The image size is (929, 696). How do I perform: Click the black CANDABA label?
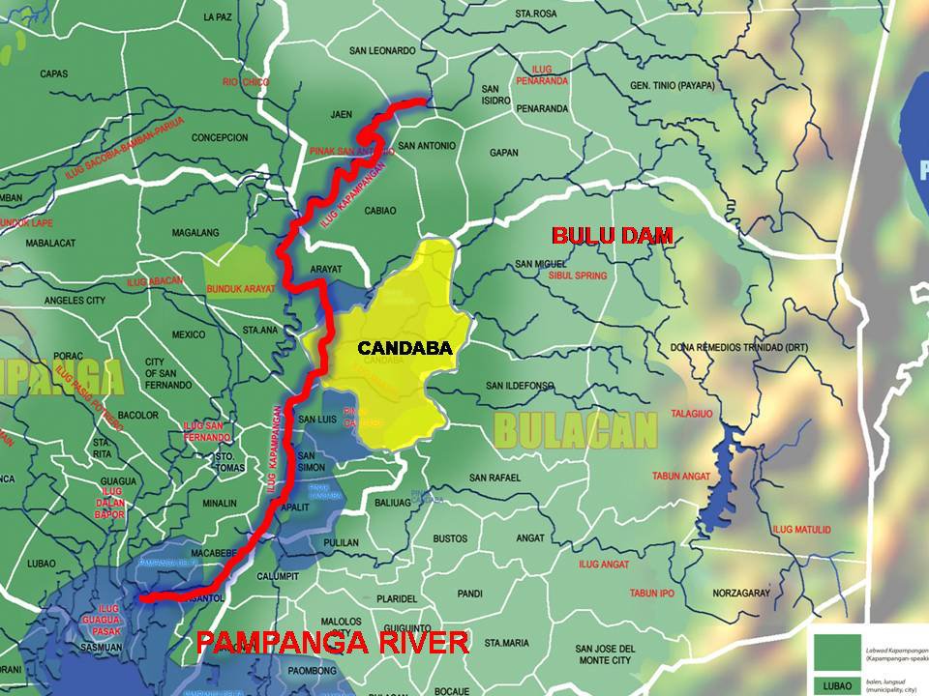pos(405,348)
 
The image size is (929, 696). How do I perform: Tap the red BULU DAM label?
pos(612,235)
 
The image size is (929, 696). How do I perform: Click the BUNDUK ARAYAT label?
pos(241,288)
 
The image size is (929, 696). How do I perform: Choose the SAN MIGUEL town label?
pos(540,264)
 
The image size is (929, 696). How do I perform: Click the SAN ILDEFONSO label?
pos(520,386)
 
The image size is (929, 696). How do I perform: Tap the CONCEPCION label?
pos(220,138)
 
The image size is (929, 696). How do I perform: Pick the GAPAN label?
pos(504,153)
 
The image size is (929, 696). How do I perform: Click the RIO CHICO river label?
pos(245,82)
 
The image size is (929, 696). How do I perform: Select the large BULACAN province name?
pos(576,430)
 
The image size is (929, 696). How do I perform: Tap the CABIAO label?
pos(380,210)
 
